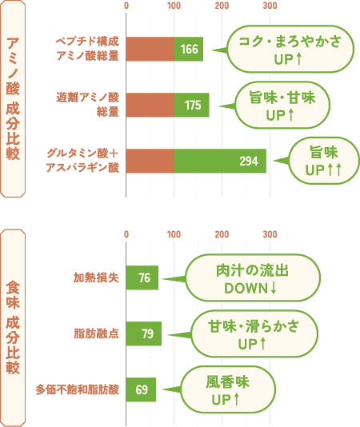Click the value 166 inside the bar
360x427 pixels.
(x=189, y=50)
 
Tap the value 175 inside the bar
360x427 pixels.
(x=193, y=105)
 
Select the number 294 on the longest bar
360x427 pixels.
(x=249, y=161)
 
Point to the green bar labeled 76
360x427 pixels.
(x=142, y=277)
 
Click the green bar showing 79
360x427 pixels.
(x=144, y=333)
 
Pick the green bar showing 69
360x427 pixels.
(x=141, y=389)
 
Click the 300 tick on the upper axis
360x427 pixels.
(x=270, y=6)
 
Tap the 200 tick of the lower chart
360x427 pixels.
(x=222, y=234)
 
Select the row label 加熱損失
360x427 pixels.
(x=96, y=277)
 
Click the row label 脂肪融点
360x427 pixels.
(x=96, y=333)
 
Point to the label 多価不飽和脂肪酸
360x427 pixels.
(x=77, y=389)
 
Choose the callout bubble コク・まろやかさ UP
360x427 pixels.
(x=290, y=50)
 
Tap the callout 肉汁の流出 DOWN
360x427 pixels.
(x=253, y=277)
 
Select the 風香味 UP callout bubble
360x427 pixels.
(x=228, y=389)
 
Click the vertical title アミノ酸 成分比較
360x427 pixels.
(x=13, y=98)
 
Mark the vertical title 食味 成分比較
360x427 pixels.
(x=13, y=328)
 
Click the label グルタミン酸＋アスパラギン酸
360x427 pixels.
(x=82, y=161)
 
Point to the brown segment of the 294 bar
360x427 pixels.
(x=150, y=161)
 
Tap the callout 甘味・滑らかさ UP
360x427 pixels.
(x=254, y=333)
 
